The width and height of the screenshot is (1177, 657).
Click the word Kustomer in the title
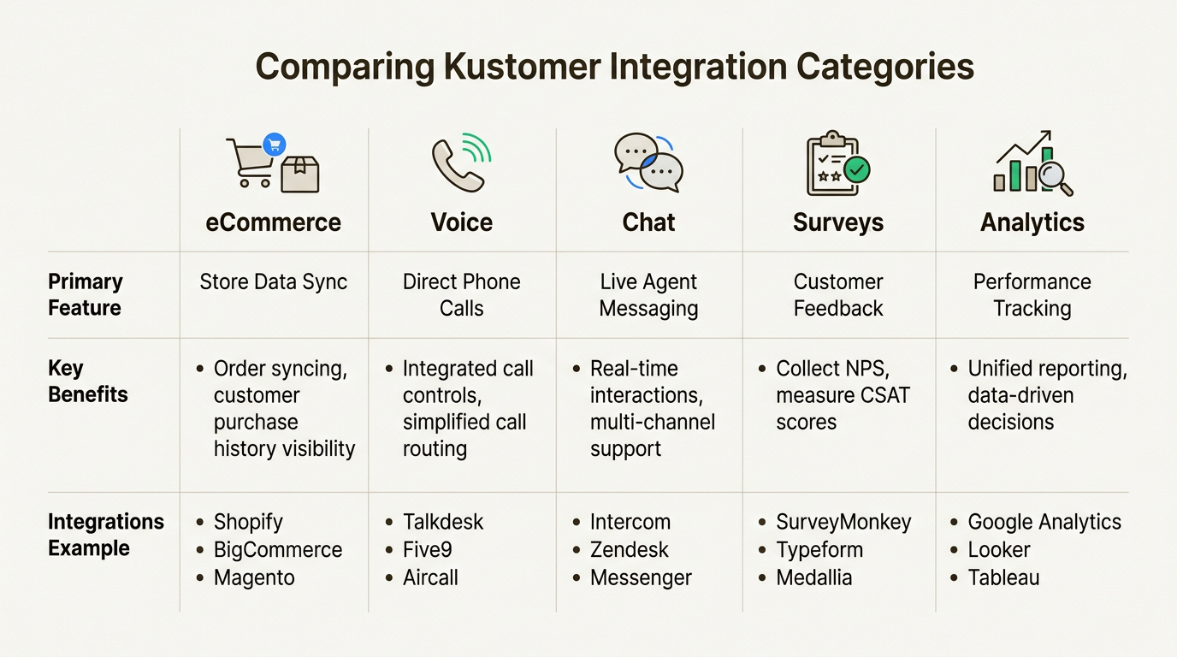522,68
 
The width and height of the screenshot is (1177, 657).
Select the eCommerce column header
273,222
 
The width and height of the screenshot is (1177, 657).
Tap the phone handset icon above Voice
456,165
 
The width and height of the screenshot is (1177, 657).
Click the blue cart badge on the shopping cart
275,145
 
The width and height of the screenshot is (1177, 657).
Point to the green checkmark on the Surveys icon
857,169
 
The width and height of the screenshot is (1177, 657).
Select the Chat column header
648,222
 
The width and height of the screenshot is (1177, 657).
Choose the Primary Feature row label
86,295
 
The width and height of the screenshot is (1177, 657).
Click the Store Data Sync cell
273,281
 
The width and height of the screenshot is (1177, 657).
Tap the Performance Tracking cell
1032,295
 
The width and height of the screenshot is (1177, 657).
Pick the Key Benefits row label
88,381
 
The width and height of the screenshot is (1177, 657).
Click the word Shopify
248,522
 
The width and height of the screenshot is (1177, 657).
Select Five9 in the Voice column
427,550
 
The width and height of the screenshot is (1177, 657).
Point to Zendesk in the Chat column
629,550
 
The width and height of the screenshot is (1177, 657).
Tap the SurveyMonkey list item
843,522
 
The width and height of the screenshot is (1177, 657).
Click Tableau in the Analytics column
1003,577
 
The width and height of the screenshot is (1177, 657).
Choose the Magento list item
254,578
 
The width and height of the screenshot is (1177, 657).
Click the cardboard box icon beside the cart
300,175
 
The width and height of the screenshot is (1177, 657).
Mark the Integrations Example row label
105,535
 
